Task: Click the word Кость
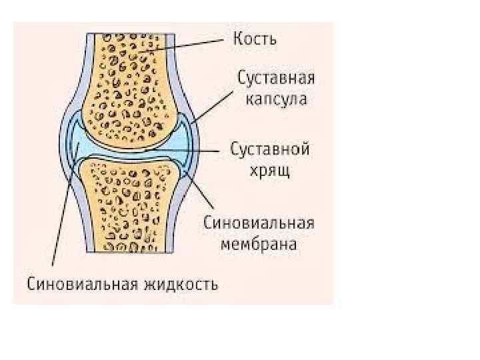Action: (x=255, y=39)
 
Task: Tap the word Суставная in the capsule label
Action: (x=276, y=79)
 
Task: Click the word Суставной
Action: (x=270, y=149)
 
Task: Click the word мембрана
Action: (x=259, y=244)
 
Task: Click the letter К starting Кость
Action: (x=237, y=39)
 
